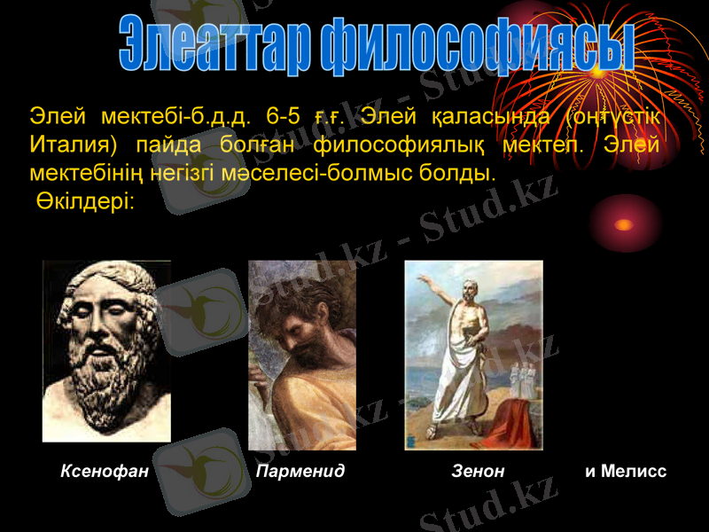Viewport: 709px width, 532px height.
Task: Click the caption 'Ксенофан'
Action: click(x=104, y=472)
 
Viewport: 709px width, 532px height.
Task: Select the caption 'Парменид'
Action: click(x=300, y=472)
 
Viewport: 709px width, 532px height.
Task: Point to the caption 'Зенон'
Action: click(x=478, y=472)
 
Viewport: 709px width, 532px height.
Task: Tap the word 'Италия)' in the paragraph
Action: click(x=74, y=144)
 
